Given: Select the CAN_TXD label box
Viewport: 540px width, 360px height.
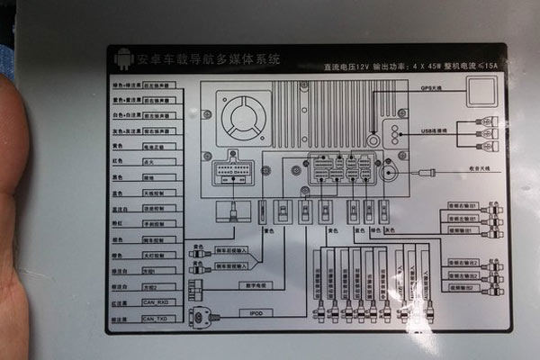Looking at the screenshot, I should point(156,318).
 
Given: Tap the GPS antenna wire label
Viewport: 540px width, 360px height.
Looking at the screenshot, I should point(427,87).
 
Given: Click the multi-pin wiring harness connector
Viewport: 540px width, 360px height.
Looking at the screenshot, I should point(234,172).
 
